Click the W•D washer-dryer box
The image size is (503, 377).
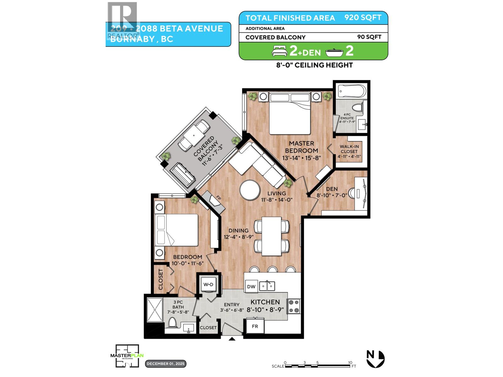click(208, 285)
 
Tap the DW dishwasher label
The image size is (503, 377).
click(251, 287)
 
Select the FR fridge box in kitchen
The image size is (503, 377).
click(255, 326)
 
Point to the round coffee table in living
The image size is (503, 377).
click(250, 190)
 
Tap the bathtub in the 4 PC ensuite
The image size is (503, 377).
click(352, 92)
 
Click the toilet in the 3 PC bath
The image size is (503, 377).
click(172, 322)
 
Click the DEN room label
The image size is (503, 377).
click(332, 189)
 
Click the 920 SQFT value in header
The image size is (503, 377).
click(363, 18)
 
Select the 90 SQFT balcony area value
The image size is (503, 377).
click(369, 37)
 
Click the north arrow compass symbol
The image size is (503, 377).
click(375, 358)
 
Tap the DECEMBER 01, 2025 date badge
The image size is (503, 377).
click(166, 364)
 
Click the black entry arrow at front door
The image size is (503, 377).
click(232, 339)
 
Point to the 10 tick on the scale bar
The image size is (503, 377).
click(350, 362)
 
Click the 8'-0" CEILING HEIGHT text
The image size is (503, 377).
click(313, 65)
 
